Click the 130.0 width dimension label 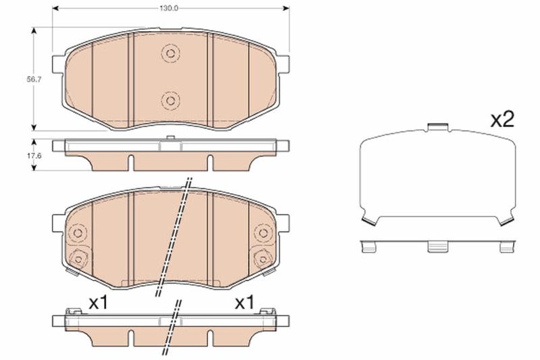click(x=168, y=8)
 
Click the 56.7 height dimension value click(x=34, y=79)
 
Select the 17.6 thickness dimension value click(x=34, y=156)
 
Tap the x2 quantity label click(x=502, y=120)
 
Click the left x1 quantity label click(x=99, y=303)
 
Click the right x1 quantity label click(x=244, y=303)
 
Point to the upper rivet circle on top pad click(x=171, y=53)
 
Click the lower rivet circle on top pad click(x=171, y=101)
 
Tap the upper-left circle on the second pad click(x=78, y=233)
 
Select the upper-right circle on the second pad click(x=263, y=233)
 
